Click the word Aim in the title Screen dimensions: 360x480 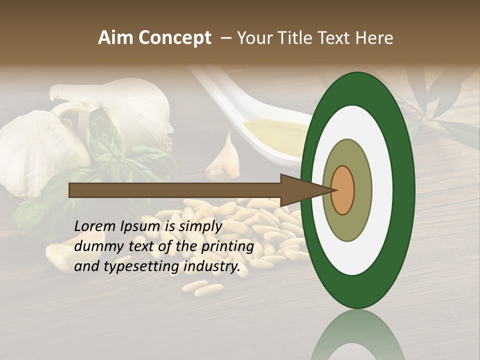coord(116,38)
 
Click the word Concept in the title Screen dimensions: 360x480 coord(174,38)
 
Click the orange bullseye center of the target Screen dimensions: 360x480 coord(343,190)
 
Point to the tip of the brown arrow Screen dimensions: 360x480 coord(334,190)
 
